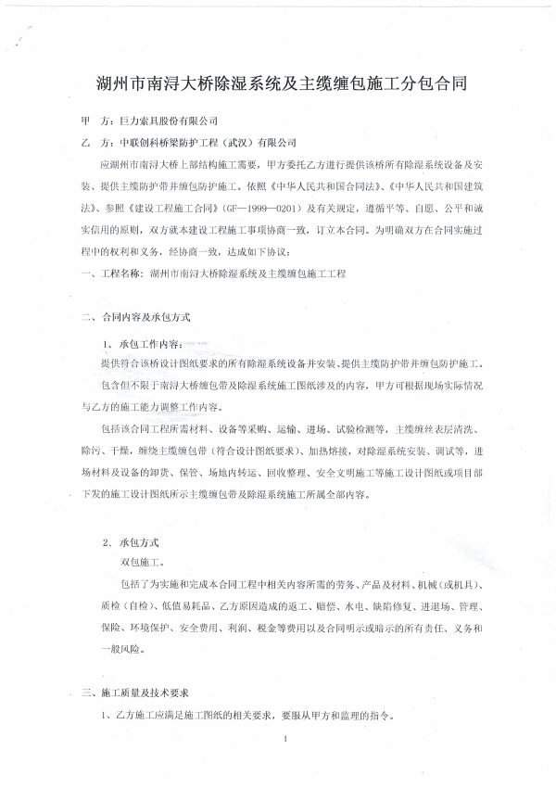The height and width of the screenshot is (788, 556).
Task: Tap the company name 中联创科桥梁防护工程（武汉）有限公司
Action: point(208,143)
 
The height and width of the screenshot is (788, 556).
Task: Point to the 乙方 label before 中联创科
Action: point(95,143)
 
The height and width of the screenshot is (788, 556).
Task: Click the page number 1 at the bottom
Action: point(289,739)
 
